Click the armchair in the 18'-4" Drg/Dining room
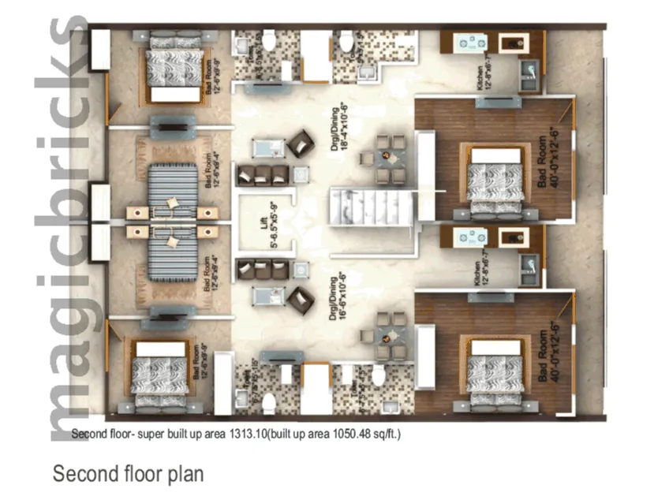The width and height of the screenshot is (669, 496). [x=300, y=144]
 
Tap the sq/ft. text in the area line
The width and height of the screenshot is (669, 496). [x=387, y=434]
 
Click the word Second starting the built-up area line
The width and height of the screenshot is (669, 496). [x=88, y=434]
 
